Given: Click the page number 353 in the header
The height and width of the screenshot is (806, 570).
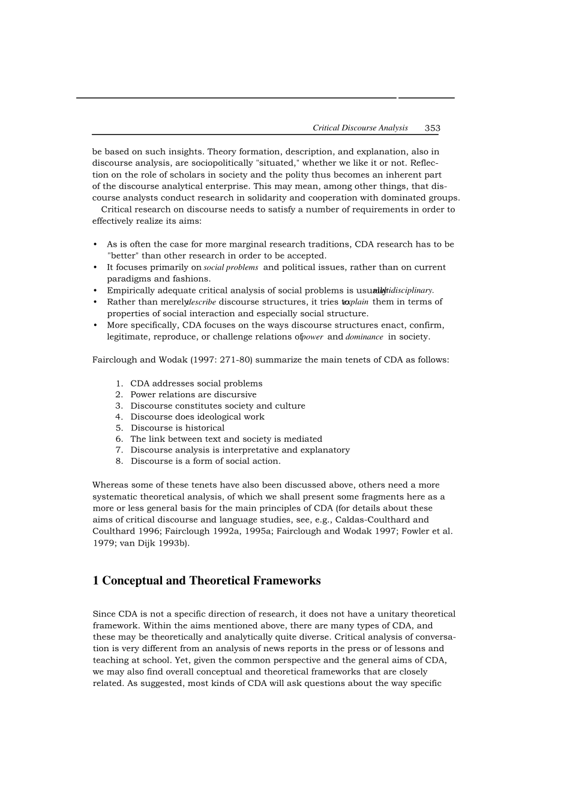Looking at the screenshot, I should point(432,128).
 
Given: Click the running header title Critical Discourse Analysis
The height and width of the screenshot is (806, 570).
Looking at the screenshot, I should point(360,128).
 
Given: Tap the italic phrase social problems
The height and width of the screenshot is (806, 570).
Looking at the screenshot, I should point(231,268).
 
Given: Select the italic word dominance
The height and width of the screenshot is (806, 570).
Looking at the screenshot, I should point(364,337).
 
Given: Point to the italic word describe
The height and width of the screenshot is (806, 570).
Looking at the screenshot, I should point(201,302).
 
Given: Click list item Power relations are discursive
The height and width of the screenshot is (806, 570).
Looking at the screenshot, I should point(193,394).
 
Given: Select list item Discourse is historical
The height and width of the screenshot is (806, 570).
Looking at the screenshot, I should point(178,428).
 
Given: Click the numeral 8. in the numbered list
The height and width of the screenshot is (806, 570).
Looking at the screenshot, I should point(119,461).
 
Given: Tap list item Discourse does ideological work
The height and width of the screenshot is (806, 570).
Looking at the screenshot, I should point(197,417).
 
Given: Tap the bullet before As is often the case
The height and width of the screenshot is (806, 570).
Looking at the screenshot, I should point(95,244).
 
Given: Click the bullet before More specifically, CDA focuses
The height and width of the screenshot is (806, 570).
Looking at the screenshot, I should point(95,325).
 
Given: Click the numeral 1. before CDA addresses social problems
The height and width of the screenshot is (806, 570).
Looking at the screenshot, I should point(119,383).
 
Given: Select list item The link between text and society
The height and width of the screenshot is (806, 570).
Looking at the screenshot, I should point(226,439).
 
